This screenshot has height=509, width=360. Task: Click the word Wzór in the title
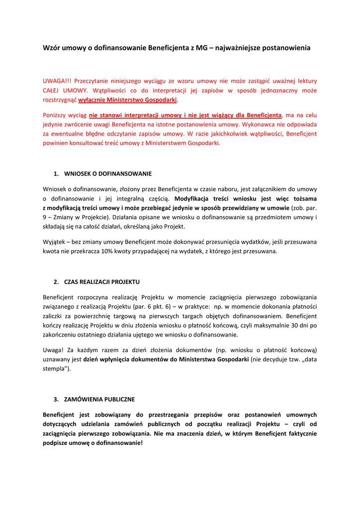pyautogui.click(x=52, y=48)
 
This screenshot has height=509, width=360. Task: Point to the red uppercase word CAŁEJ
pyautogui.click(x=52, y=90)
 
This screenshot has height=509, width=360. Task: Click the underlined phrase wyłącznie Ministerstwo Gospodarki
pyautogui.click(x=128, y=100)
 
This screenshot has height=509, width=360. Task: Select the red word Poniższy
pyautogui.click(x=56, y=115)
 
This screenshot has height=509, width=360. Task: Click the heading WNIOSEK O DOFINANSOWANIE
pyautogui.click(x=108, y=174)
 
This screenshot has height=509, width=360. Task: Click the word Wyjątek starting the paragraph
pyautogui.click(x=55, y=242)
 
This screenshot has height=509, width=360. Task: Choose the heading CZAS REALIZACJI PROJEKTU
pyautogui.click(x=102, y=282)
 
